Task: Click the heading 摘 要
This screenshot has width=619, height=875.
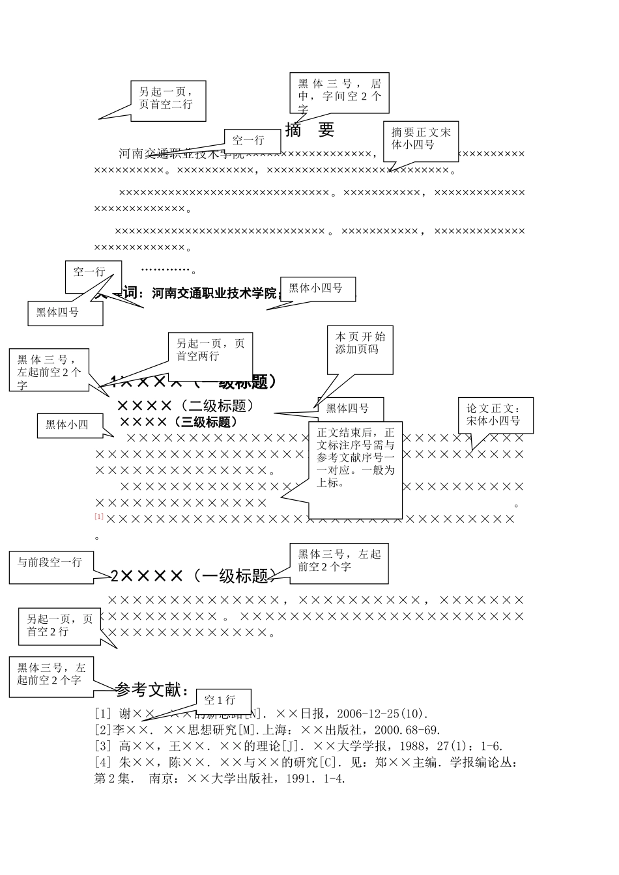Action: pyautogui.click(x=309, y=130)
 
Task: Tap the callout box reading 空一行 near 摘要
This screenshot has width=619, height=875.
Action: pyautogui.click(x=248, y=139)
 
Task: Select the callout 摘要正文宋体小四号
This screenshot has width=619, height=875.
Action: pyautogui.click(x=420, y=139)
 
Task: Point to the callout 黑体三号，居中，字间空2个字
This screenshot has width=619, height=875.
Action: pyautogui.click(x=339, y=92)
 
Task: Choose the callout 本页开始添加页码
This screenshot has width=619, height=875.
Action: pyautogui.click(x=360, y=343)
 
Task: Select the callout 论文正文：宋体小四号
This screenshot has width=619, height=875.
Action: pyautogui.click(x=495, y=415)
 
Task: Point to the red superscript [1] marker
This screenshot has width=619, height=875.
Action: pyautogui.click(x=99, y=516)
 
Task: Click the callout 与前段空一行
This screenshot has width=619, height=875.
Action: pyautogui.click(x=50, y=562)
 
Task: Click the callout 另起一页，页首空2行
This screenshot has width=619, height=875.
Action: pyautogui.click(x=59, y=626)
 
